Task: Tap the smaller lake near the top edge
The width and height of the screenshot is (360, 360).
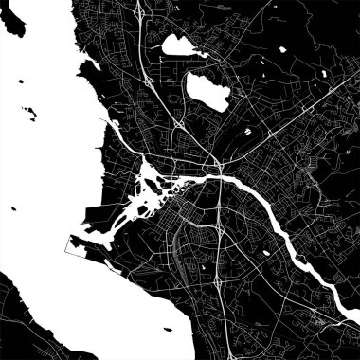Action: [175, 45]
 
